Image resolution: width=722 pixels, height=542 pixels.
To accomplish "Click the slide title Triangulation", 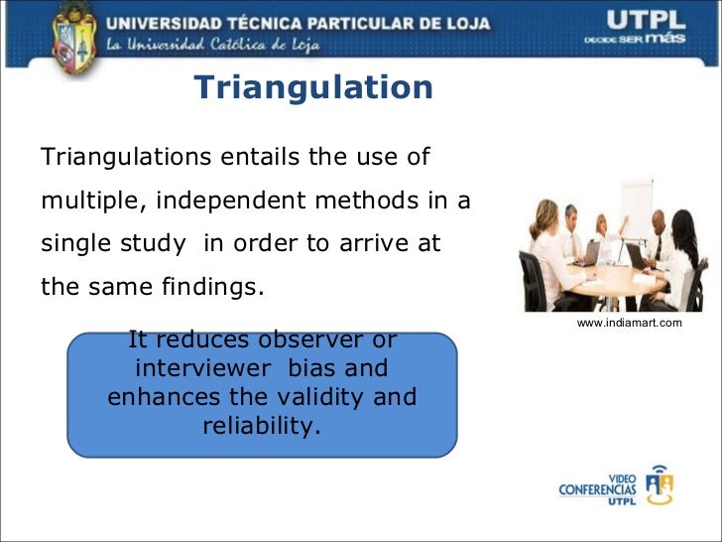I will (313, 88).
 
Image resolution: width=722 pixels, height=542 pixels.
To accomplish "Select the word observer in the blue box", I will (304, 340).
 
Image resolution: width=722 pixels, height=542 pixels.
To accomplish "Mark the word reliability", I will (262, 426).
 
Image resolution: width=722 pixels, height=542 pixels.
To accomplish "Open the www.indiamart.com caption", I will (629, 323).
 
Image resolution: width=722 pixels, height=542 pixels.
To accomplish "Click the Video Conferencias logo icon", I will (659, 485).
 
